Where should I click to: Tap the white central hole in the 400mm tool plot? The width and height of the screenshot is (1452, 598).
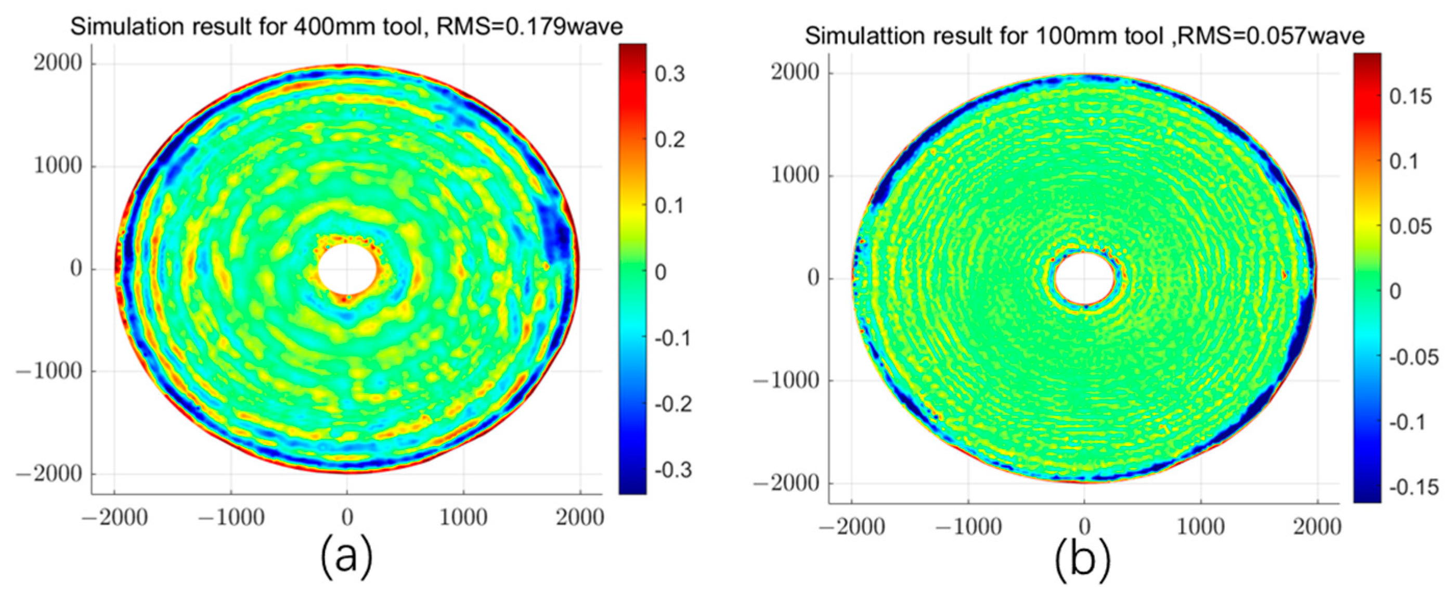pos(347,269)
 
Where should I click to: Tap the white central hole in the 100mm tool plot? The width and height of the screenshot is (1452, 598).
pos(1084,278)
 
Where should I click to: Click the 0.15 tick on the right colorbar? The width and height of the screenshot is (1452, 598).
pos(1409,97)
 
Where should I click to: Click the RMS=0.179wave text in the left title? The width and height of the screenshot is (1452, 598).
pos(530,27)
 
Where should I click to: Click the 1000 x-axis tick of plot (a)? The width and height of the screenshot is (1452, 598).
pos(463,517)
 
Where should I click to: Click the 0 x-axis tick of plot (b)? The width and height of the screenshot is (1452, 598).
pos(1084,527)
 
